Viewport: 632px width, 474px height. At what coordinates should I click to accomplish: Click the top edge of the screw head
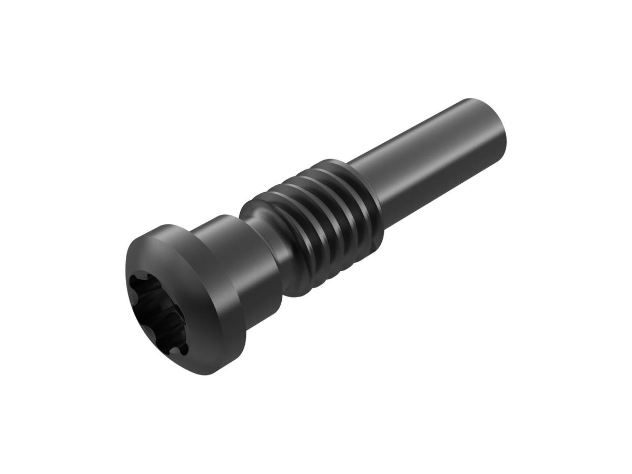tap(169, 227)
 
